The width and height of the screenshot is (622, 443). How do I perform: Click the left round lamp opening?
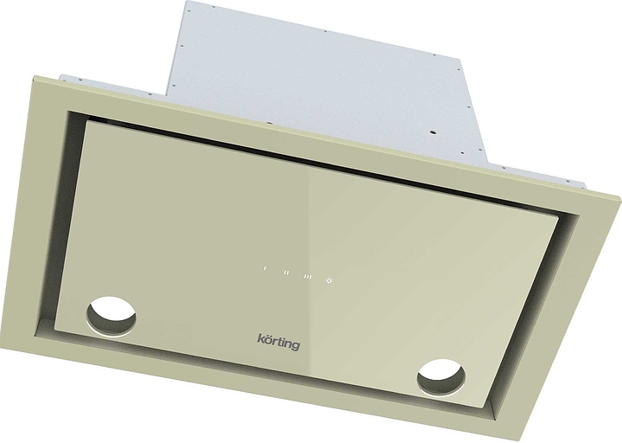pos(112,312)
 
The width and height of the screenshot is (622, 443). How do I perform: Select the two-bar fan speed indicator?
pos(285,272)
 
